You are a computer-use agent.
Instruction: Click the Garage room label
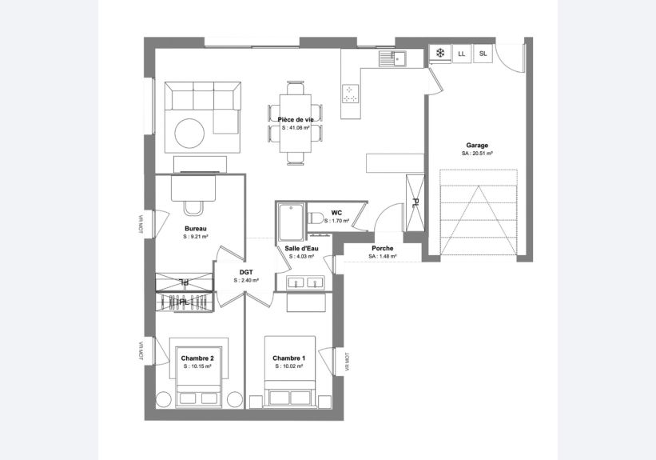pyautogui.click(x=477, y=146)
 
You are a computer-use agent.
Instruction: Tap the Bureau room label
pyautogui.click(x=196, y=229)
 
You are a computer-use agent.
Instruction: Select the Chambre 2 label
pyautogui.click(x=197, y=358)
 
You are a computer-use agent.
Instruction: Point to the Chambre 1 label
pyautogui.click(x=288, y=358)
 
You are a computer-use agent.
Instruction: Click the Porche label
pyautogui.click(x=383, y=249)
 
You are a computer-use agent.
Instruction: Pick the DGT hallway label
pyautogui.click(x=246, y=272)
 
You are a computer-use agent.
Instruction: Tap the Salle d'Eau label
pyautogui.click(x=301, y=249)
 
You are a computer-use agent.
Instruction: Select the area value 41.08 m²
pyautogui.click(x=296, y=128)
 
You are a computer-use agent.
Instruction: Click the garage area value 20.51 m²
pyautogui.click(x=477, y=154)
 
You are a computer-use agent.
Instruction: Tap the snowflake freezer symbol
pyautogui.click(x=440, y=54)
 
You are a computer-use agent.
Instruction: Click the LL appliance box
pyautogui.click(x=462, y=54)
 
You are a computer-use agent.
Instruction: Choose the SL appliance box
pyautogui.click(x=483, y=54)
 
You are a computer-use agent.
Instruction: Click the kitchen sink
pyautogui.click(x=393, y=58)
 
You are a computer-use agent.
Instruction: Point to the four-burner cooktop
pyautogui.click(x=351, y=94)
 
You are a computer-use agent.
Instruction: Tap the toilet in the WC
pyautogui.click(x=316, y=218)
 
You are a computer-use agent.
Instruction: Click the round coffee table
pyautogui.click(x=189, y=134)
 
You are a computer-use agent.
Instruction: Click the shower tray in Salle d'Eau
pyautogui.click(x=292, y=222)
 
